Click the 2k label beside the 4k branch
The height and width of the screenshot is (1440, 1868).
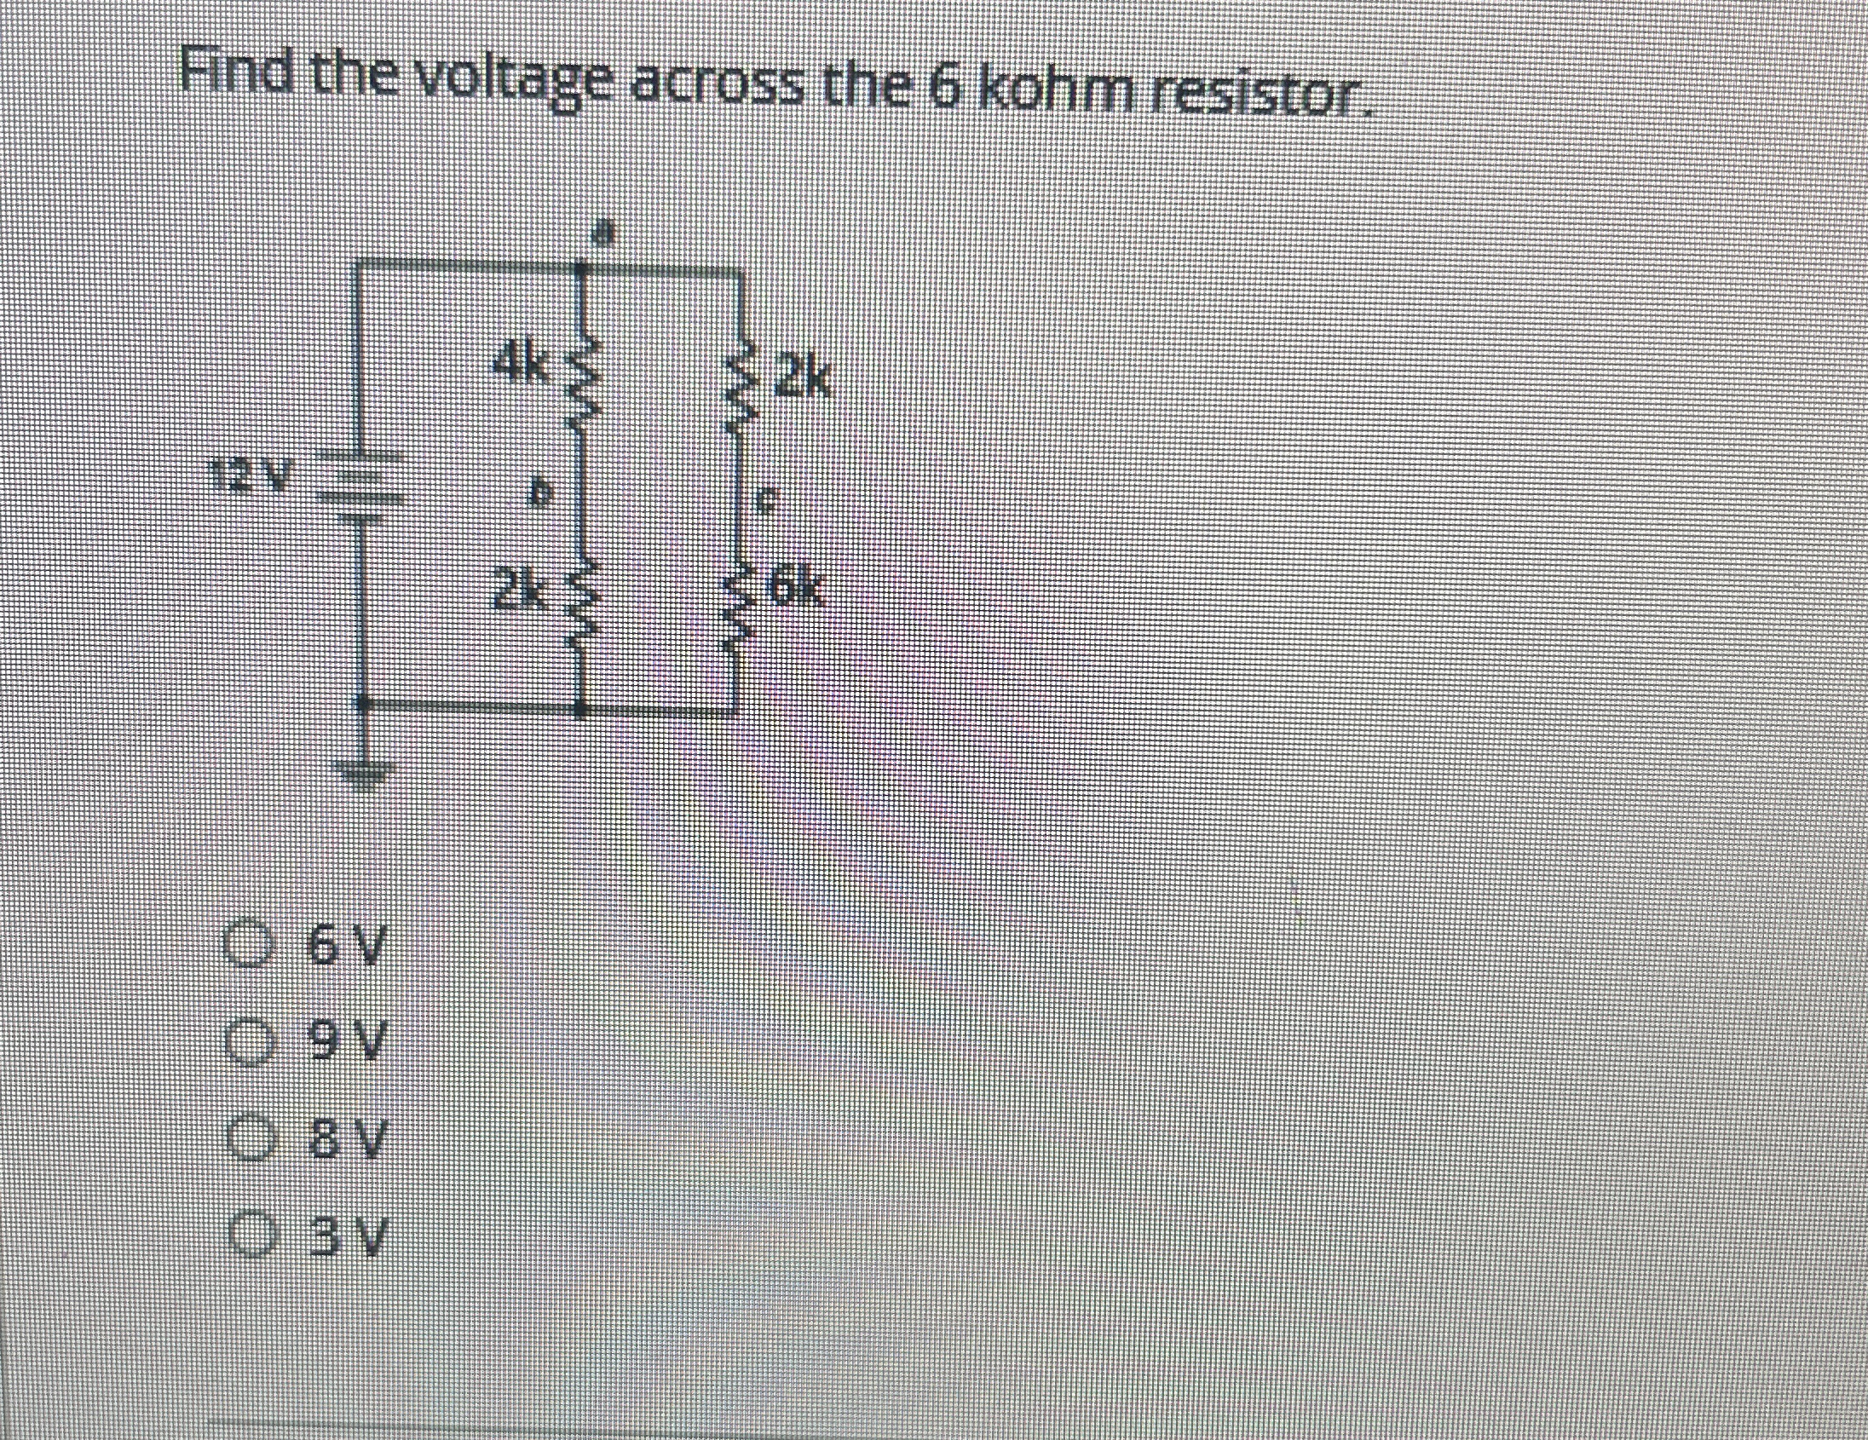[517, 590]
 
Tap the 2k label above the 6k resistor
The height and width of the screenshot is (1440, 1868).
[802, 380]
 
